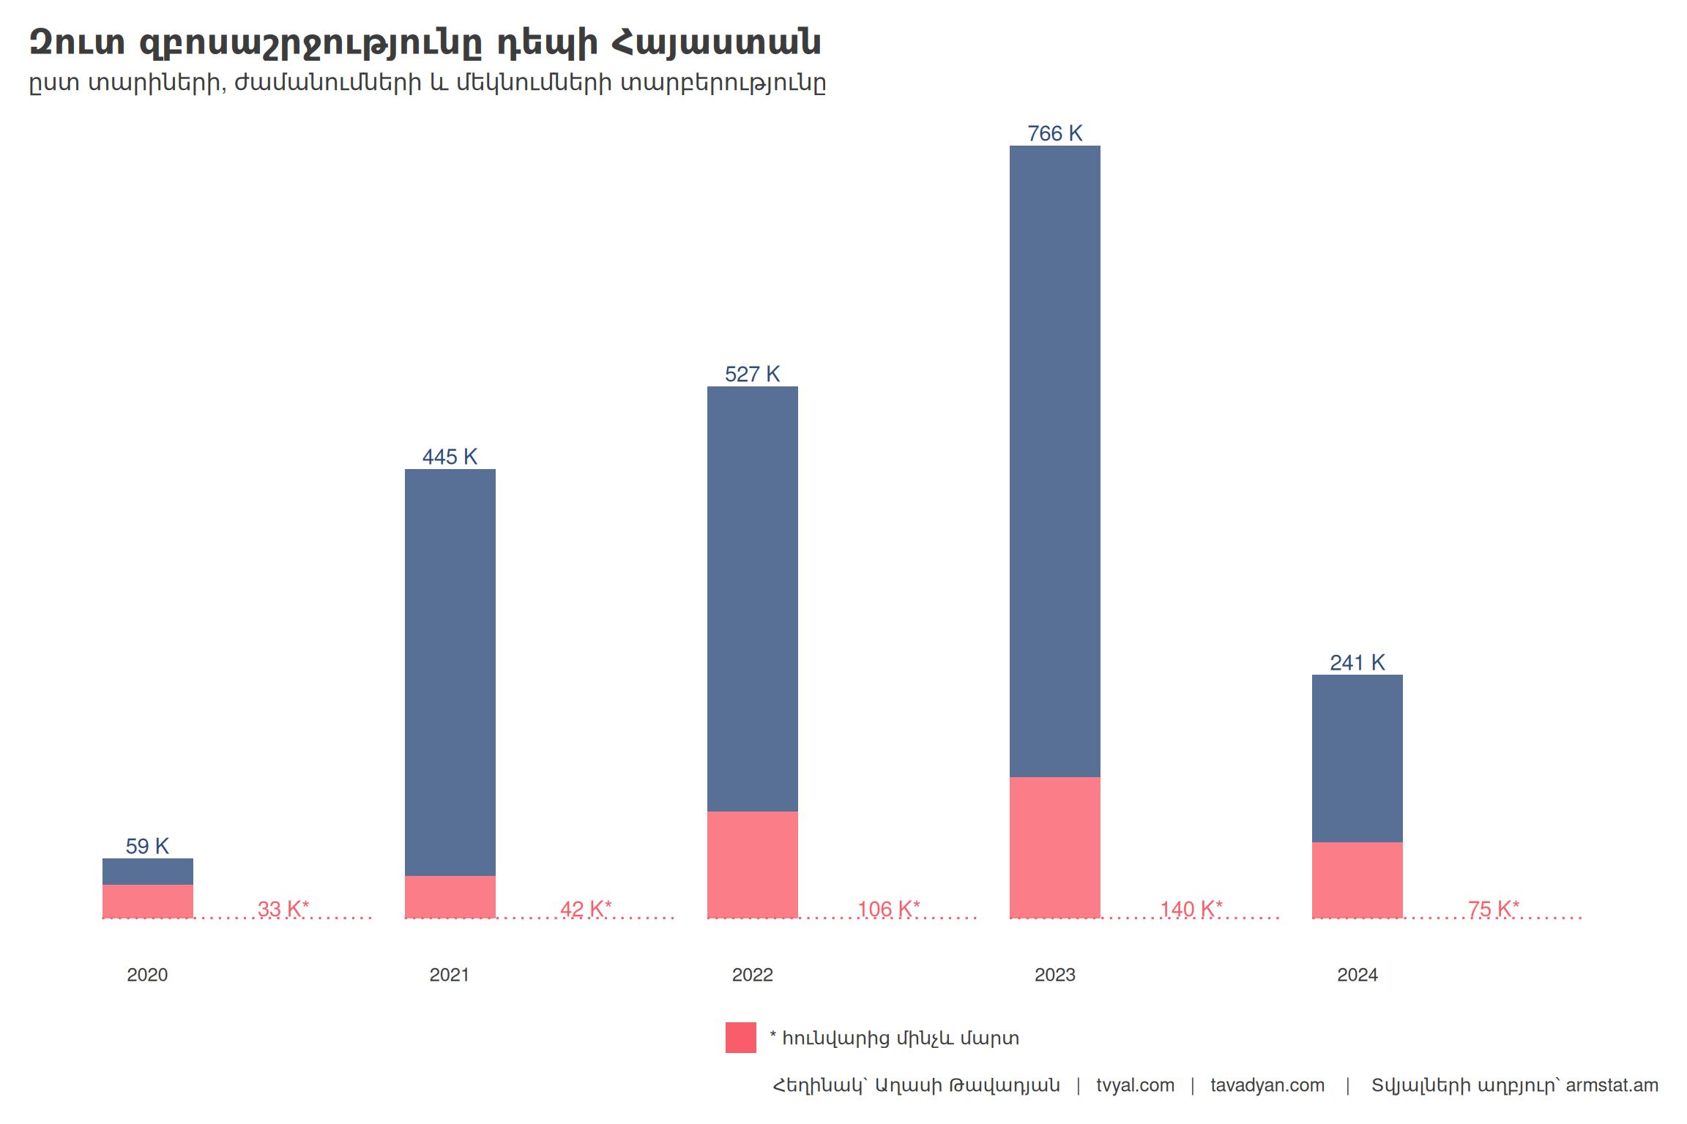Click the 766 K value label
(x=1054, y=133)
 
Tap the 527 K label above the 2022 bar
(x=752, y=374)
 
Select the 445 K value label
(x=450, y=457)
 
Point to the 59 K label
(x=147, y=846)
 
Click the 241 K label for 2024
(x=1357, y=662)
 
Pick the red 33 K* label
(x=283, y=909)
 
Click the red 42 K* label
(x=586, y=909)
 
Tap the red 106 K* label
(x=888, y=909)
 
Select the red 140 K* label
(x=1191, y=909)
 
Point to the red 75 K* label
(x=1494, y=909)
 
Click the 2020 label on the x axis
(x=147, y=975)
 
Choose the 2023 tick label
(x=1054, y=975)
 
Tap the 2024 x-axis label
(x=1357, y=975)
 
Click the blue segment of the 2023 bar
(x=1054, y=461)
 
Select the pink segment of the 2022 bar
(x=752, y=863)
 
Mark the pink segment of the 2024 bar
(x=1357, y=880)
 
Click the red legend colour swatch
(x=740, y=1038)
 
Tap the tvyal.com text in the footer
(x=1135, y=1085)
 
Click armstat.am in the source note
(x=1612, y=1085)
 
